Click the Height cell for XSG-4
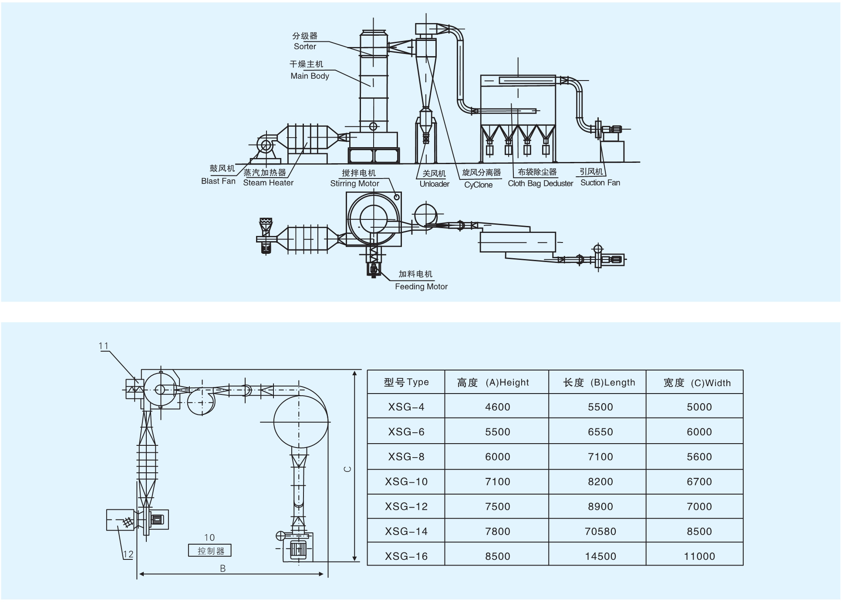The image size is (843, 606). tap(497, 407)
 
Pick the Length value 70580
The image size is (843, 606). tap(600, 532)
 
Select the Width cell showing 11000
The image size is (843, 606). tap(699, 556)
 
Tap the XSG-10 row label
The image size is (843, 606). tap(406, 482)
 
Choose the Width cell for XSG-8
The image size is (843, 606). tap(699, 457)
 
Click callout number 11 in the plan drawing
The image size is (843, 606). tap(103, 346)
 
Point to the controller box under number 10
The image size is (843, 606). tap(210, 551)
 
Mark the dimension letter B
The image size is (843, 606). tap(223, 569)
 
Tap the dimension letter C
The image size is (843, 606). tap(347, 469)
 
